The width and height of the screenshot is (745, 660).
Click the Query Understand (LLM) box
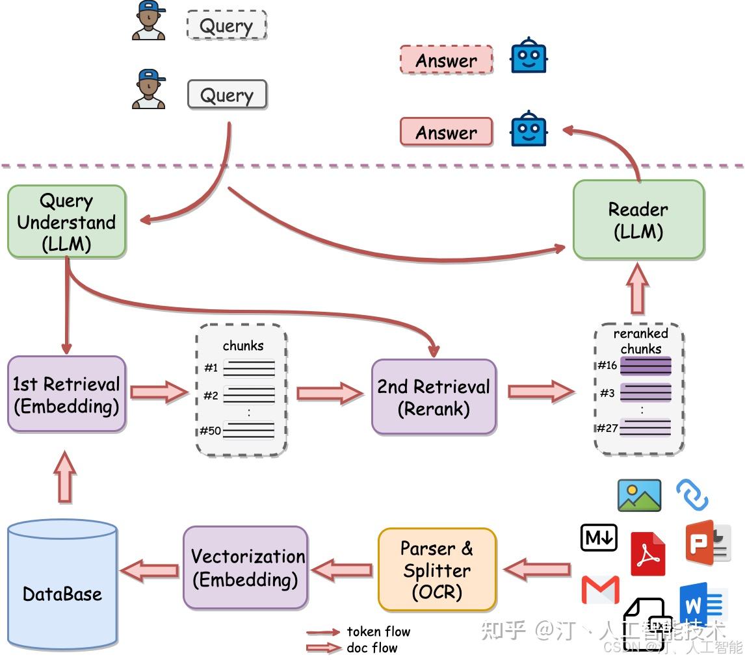pos(66,222)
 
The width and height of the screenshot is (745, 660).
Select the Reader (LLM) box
pos(638,220)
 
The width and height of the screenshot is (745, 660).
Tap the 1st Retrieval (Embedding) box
pos(66,394)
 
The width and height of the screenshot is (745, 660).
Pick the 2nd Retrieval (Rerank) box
pos(434,397)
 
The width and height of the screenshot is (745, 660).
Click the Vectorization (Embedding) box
pos(245,568)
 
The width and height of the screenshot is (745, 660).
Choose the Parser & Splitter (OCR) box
pos(437,570)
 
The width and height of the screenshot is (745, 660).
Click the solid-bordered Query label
pos(226,95)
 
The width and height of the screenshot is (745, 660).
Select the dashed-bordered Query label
pos(226,26)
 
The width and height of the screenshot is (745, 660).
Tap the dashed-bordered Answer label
pos(446,60)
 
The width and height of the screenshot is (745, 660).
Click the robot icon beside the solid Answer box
pos(528,129)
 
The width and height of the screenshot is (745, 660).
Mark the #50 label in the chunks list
pos(210,430)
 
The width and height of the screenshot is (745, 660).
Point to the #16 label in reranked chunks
pos(607,365)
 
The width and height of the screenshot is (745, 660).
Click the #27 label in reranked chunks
pos(607,427)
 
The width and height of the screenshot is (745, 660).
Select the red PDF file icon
pos(647,553)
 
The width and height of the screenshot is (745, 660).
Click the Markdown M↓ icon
pos(598,538)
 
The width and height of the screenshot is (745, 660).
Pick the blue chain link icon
pos(692,495)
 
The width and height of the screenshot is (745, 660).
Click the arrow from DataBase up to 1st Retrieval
pos(65,477)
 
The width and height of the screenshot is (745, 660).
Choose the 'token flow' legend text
pos(378,631)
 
